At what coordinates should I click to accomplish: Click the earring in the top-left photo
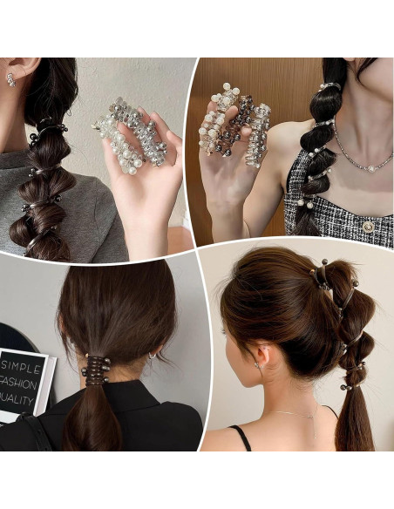(x=11, y=79)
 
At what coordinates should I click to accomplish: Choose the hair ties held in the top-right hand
(x=234, y=123)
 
